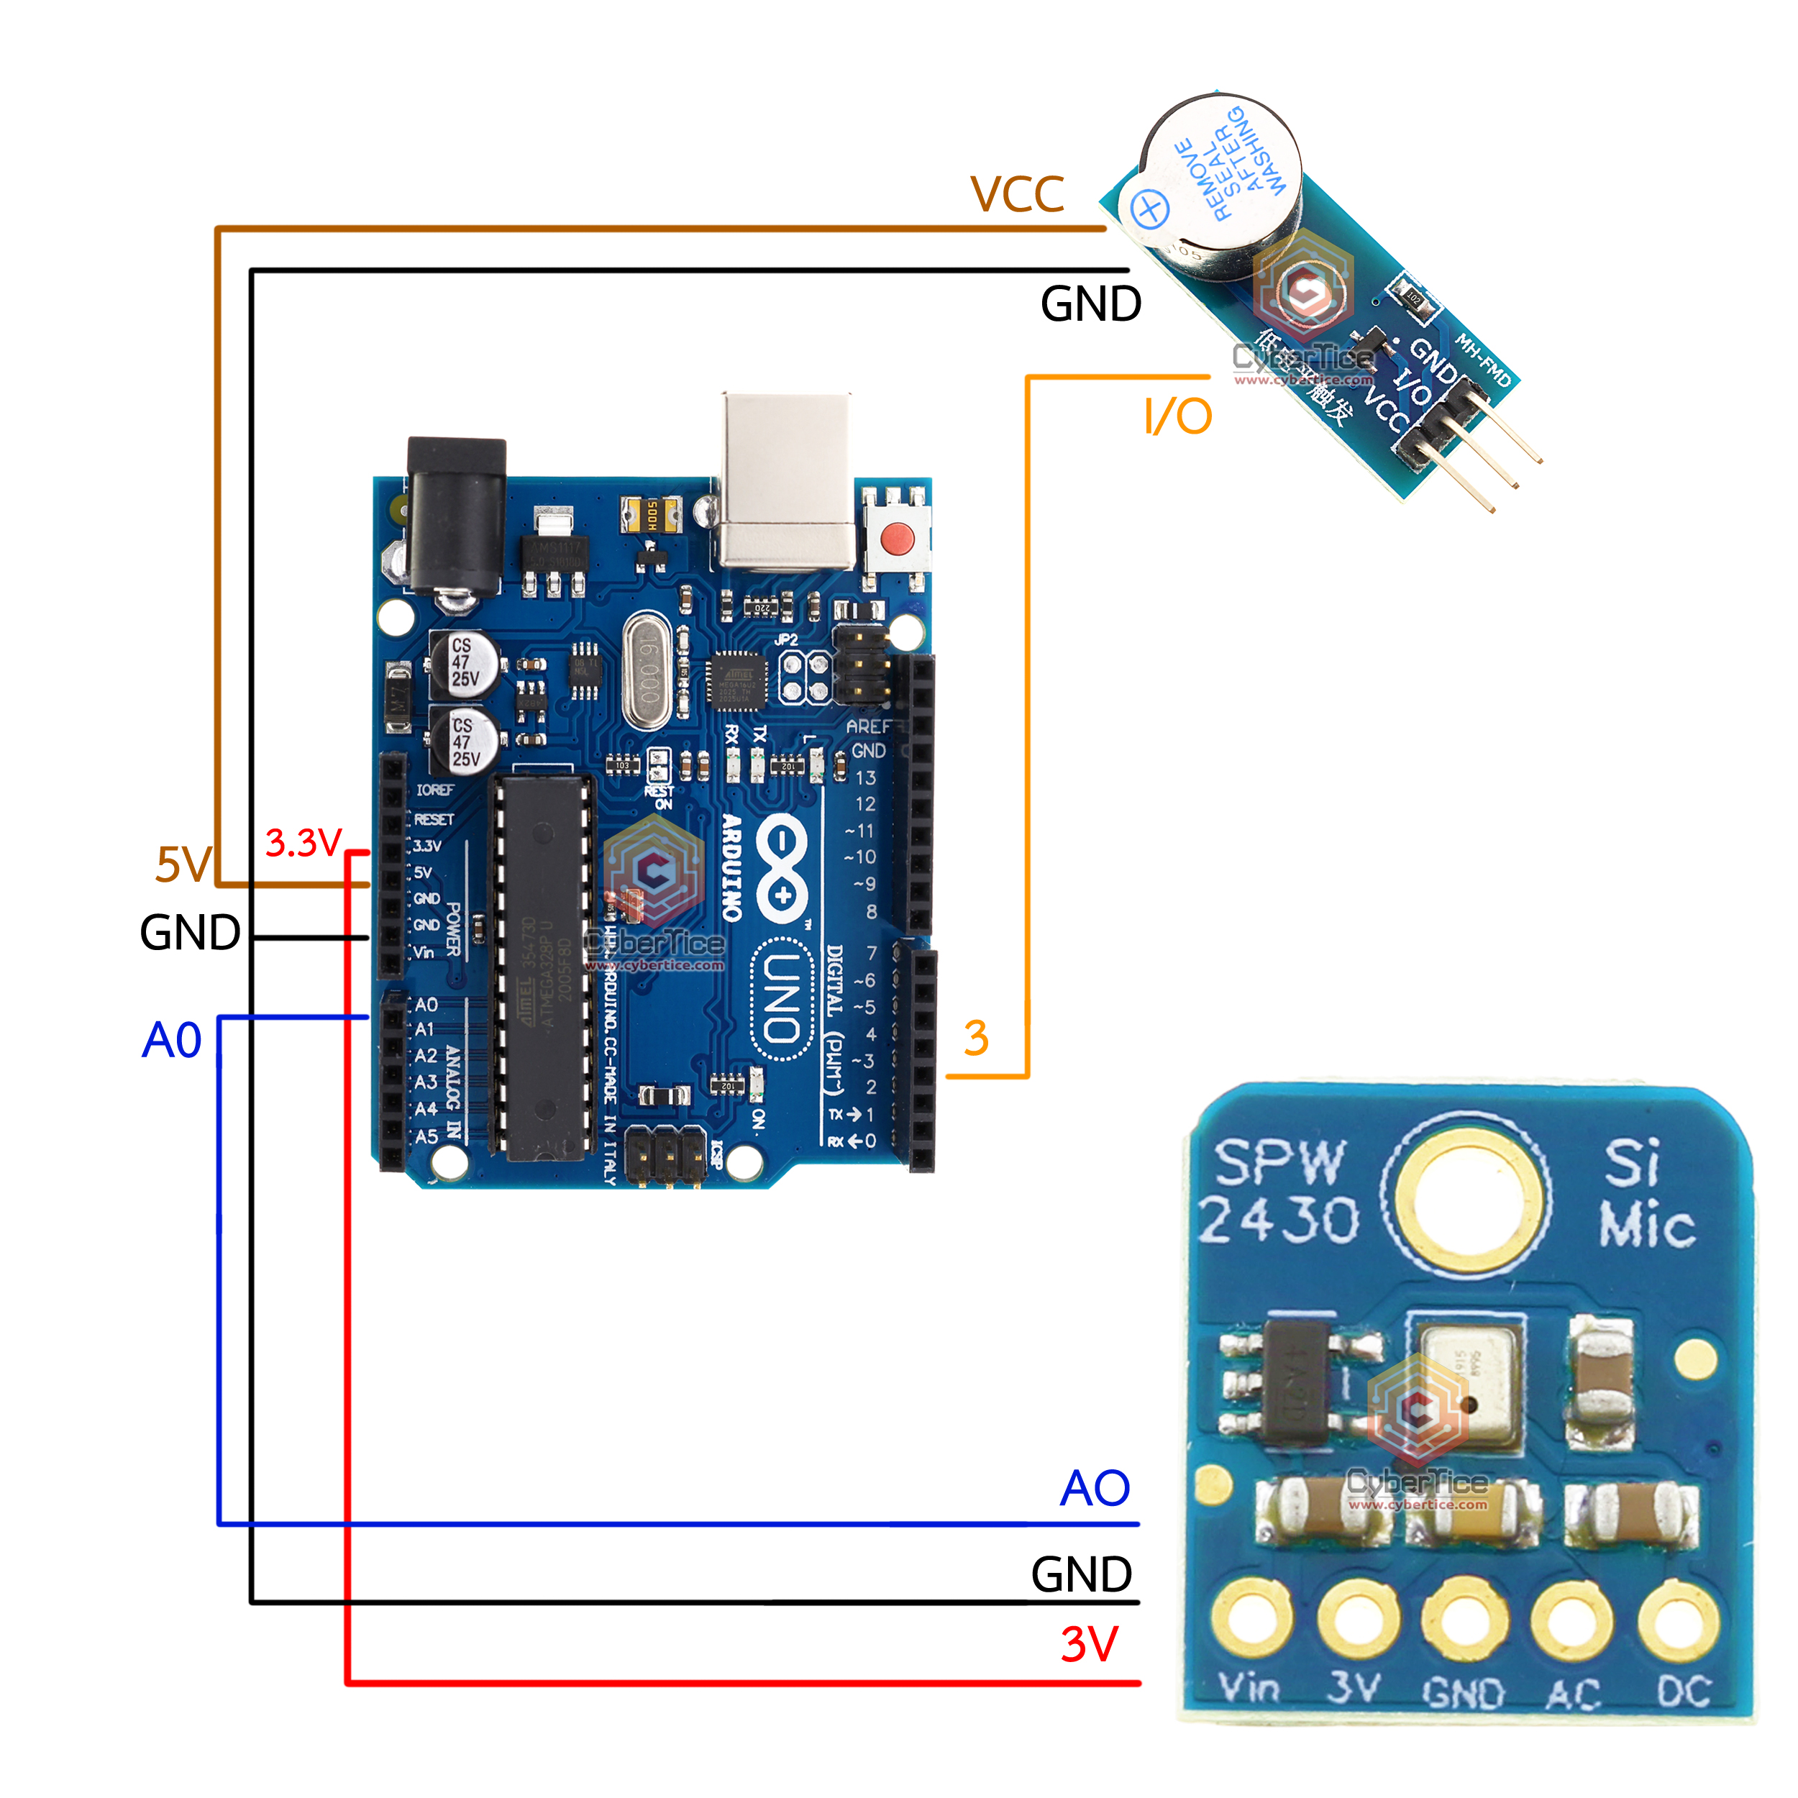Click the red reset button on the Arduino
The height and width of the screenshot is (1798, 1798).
tap(896, 538)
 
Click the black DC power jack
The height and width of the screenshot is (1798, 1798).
tap(456, 516)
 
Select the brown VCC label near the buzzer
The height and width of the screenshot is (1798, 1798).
tap(1016, 194)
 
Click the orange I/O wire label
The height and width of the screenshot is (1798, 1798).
tap(1177, 416)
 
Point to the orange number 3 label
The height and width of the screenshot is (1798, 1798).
tap(975, 1038)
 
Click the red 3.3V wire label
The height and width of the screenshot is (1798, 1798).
tap(304, 843)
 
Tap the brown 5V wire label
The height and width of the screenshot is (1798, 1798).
tap(183, 864)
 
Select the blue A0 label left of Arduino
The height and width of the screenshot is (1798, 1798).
tap(171, 1039)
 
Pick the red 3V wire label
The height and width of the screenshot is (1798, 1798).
tap(1088, 1644)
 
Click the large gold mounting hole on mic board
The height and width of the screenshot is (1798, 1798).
tap(1466, 1194)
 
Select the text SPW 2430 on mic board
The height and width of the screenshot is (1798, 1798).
tap(1278, 1190)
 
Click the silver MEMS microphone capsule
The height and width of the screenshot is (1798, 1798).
tap(1468, 1390)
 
